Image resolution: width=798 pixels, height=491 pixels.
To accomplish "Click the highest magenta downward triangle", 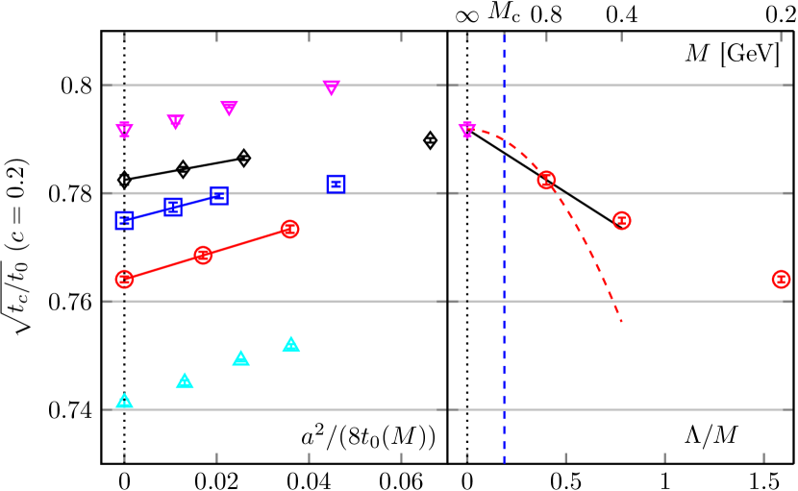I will coord(331,87).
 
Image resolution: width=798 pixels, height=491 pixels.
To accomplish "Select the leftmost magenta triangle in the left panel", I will coord(124,130).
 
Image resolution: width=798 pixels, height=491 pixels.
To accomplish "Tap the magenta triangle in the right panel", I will coord(467,130).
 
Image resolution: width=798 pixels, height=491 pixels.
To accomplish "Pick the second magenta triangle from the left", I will coord(175,122).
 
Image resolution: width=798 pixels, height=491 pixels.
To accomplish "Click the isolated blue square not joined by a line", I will coord(336,184).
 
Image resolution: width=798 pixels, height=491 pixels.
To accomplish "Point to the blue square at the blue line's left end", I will coord(124,220).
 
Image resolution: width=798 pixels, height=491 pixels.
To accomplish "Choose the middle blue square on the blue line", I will coord(173,207).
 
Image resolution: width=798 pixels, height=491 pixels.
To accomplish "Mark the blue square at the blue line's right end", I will coord(219,196).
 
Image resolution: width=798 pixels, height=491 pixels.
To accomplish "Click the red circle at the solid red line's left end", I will coord(124,280).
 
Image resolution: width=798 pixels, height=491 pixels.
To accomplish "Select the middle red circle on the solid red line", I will coord(203,255).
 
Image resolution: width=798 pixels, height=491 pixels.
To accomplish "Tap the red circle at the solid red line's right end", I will coord(289,229).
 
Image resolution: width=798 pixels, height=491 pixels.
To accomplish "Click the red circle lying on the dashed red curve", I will coord(546,180).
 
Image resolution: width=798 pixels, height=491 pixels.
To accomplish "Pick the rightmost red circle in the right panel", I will coord(781,279).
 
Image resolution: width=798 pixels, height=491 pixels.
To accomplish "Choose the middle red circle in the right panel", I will coord(622,220).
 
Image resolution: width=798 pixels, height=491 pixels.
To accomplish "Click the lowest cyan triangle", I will coord(124,402).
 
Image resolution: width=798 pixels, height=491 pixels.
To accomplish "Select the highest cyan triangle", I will coord(291,344).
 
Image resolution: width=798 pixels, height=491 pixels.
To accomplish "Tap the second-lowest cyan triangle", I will coord(185,381).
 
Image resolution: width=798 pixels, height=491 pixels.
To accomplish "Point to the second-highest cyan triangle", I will coord(240,358).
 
